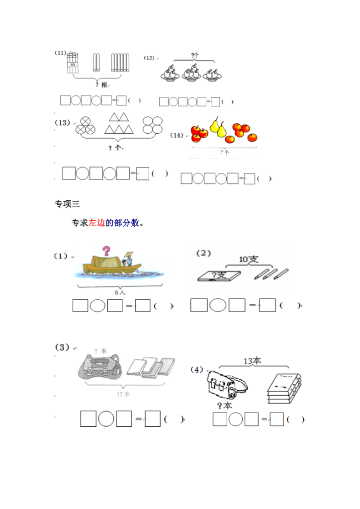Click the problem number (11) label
pos(60,53)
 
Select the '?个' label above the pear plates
pos(194,56)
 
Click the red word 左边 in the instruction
pos(96,223)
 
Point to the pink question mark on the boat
pos(106,252)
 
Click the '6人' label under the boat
pos(120,292)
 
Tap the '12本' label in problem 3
pos(123,394)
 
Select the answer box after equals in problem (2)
pos(268,305)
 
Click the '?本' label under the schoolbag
pos(225,406)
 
